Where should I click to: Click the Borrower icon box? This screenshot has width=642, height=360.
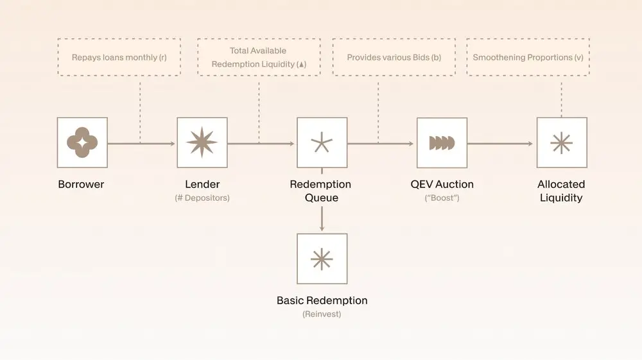click(x=82, y=142)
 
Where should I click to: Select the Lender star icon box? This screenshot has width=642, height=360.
click(x=202, y=142)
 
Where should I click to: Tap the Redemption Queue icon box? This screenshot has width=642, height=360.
click(x=322, y=142)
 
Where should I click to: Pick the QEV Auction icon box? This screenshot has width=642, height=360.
click(x=442, y=142)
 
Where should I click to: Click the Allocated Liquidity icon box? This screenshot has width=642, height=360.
click(x=561, y=142)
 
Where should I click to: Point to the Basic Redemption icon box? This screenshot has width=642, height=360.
click(x=322, y=259)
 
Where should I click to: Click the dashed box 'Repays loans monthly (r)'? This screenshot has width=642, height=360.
click(x=119, y=57)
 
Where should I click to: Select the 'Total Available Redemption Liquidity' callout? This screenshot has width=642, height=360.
click(x=258, y=57)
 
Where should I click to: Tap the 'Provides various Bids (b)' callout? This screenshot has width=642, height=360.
click(x=394, y=57)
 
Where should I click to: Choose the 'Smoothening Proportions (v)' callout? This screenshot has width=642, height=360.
click(x=528, y=57)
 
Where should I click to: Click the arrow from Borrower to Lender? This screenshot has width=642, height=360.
click(x=141, y=143)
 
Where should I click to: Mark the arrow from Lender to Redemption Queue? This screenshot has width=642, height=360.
click(x=262, y=143)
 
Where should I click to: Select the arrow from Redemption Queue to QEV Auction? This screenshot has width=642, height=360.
click(x=381, y=143)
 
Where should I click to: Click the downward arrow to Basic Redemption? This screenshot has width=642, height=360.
click(x=322, y=218)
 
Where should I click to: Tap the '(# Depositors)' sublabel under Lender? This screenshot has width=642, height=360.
click(x=202, y=198)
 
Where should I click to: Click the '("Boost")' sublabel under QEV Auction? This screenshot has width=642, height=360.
click(x=442, y=198)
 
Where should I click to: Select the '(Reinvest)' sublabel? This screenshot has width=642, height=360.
click(x=322, y=314)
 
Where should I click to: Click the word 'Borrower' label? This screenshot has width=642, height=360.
click(x=81, y=184)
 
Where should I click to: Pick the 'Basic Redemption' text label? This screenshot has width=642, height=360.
click(x=322, y=300)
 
